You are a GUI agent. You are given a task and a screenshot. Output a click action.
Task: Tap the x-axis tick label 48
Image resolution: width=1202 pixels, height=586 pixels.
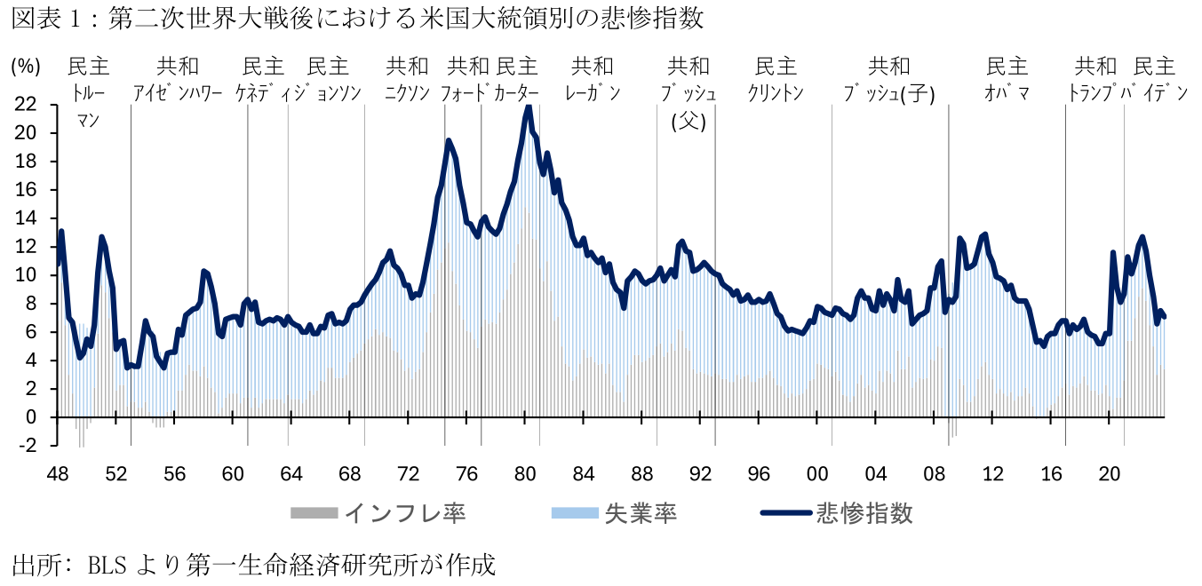(58, 473)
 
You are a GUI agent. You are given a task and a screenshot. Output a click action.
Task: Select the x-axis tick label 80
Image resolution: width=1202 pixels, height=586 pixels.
(525, 473)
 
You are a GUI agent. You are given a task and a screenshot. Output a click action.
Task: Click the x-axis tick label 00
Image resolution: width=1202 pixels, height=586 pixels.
(817, 473)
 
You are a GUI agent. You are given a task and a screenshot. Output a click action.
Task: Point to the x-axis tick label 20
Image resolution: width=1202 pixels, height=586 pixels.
(1110, 473)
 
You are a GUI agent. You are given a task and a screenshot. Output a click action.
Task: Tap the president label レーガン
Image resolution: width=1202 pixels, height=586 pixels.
(593, 92)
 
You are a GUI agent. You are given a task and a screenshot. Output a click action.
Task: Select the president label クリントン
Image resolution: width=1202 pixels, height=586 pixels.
(776, 92)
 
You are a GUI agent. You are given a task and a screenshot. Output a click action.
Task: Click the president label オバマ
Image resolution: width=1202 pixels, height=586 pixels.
(1007, 92)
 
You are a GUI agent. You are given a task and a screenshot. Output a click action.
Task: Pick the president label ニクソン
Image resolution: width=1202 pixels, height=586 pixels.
(407, 92)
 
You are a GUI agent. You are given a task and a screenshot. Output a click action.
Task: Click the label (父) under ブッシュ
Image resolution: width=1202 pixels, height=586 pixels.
(688, 122)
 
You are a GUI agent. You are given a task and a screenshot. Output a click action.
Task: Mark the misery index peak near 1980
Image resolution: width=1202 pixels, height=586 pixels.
(529, 107)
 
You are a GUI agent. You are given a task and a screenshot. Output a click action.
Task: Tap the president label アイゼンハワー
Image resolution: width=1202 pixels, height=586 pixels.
(178, 92)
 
